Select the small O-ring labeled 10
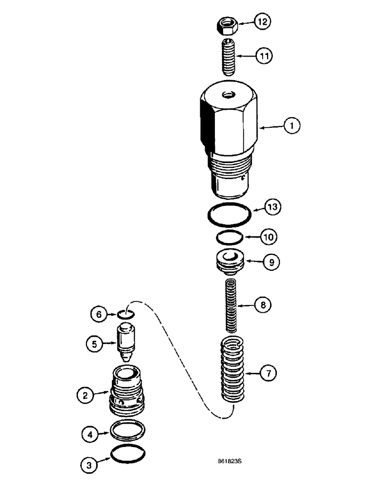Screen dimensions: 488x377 point(229,239)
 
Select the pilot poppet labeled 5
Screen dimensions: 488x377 point(126,346)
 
